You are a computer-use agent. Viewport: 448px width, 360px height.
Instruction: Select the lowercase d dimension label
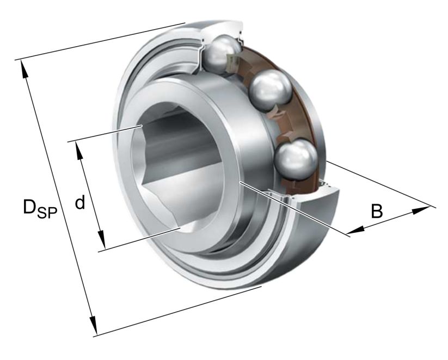point(80,203)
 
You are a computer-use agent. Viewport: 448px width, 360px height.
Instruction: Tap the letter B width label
point(376,210)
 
